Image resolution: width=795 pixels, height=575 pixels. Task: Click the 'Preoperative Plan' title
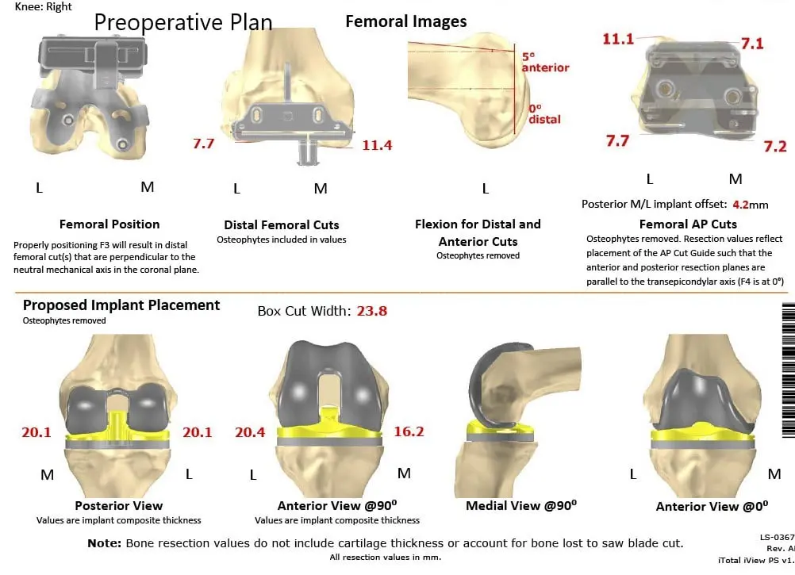[x=183, y=21]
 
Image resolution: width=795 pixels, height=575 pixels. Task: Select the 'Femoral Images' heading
[x=405, y=21]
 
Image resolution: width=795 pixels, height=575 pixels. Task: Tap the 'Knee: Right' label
[x=44, y=6]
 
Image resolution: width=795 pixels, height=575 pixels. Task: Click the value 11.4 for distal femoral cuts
[x=377, y=145]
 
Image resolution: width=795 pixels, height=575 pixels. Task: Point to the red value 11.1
[x=618, y=38]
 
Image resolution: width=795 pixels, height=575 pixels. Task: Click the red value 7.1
[x=751, y=44]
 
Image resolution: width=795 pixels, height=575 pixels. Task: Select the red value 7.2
[x=774, y=147]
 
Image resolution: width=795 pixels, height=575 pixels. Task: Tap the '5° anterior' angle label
[x=545, y=63]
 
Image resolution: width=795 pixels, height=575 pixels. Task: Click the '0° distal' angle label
[x=544, y=114]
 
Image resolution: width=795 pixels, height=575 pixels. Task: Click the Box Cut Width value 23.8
[x=371, y=311]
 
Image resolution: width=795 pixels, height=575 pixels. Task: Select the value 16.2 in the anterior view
[x=409, y=431]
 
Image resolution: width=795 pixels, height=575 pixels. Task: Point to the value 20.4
[x=250, y=431]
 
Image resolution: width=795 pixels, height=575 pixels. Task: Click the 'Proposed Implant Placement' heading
[x=121, y=305]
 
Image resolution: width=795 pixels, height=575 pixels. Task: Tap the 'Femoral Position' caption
[x=109, y=224]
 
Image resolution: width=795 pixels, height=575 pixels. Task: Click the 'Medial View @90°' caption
[x=520, y=505]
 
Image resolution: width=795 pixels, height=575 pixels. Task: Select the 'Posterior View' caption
[x=118, y=505]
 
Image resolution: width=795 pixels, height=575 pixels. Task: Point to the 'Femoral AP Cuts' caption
[x=688, y=224]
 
